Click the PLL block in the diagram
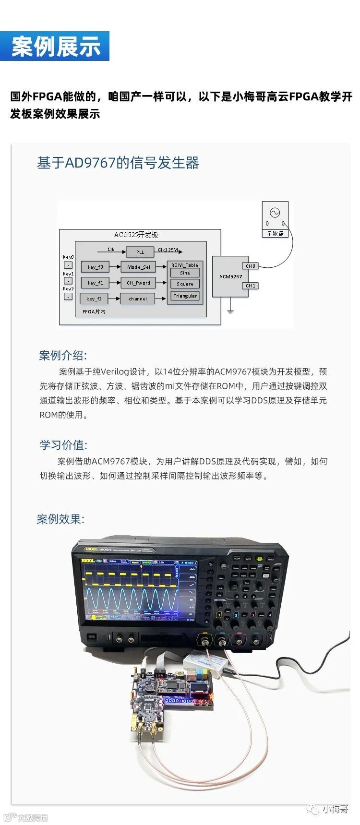[140, 252]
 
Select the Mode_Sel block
[138, 267]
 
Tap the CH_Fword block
[138, 283]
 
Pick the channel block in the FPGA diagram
[138, 299]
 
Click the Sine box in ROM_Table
[185, 273]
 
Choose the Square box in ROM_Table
[185, 284]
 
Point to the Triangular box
[185, 296]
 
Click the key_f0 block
[95, 267]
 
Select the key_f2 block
[94, 299]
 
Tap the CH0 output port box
[251, 266]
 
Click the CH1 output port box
[251, 286]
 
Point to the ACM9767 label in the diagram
[230, 276]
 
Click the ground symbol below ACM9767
[230, 311]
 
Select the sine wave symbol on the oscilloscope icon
[275, 212]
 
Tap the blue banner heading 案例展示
[55, 47]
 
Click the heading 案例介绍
[63, 356]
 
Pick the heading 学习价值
[63, 445]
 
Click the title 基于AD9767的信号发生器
[118, 163]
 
